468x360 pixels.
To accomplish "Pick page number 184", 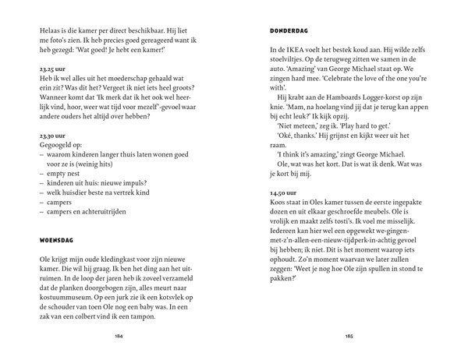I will [x=119, y=337].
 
